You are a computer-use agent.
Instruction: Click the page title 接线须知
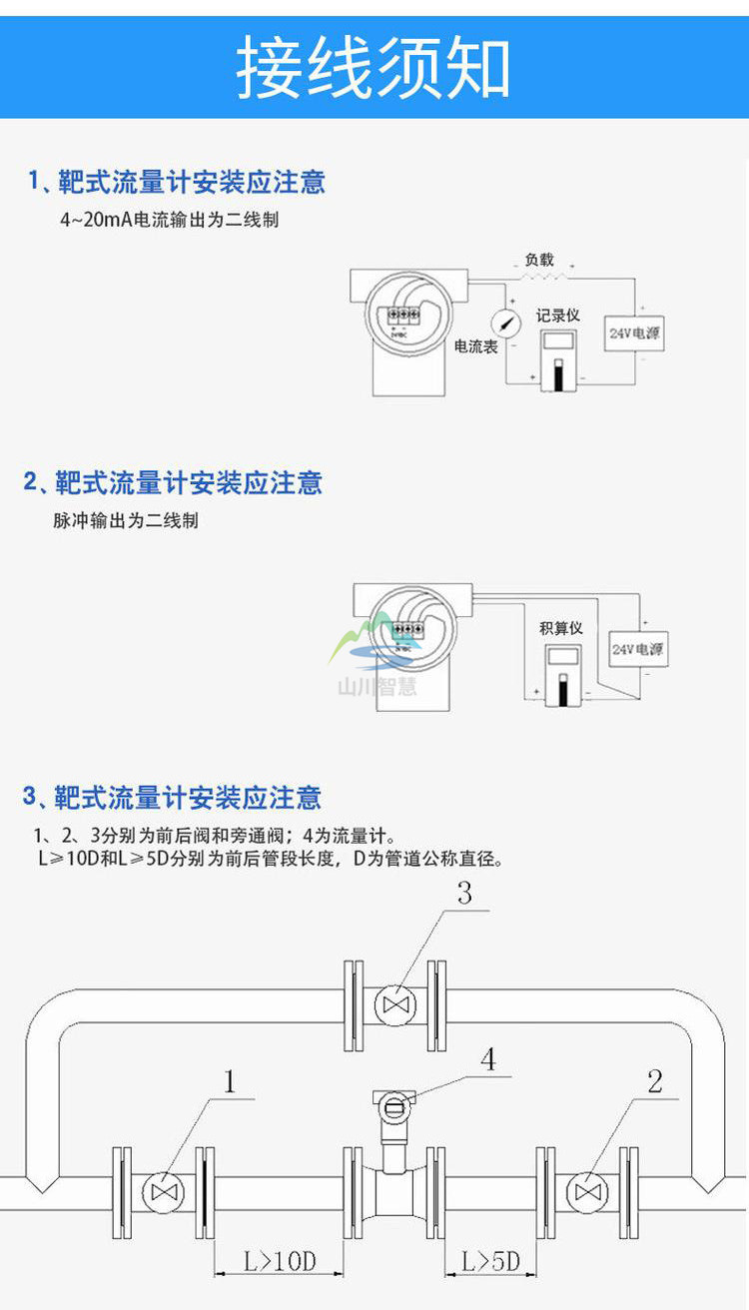click(x=374, y=68)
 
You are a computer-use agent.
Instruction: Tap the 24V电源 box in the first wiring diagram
click(x=636, y=331)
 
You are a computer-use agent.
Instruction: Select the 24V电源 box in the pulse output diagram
click(x=637, y=649)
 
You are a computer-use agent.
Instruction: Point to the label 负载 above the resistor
click(x=539, y=260)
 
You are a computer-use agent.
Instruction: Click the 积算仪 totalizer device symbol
click(x=560, y=674)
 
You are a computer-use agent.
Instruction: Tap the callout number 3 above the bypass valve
click(x=464, y=894)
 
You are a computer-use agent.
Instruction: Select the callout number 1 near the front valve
click(x=231, y=1081)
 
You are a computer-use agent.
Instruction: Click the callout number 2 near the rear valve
click(x=654, y=1081)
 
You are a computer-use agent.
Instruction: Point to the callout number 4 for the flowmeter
click(x=488, y=1059)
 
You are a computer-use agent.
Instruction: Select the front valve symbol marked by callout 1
click(x=161, y=1192)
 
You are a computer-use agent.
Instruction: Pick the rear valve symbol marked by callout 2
click(x=584, y=1192)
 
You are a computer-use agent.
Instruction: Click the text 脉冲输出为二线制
click(x=126, y=520)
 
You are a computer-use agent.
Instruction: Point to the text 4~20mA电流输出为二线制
click(x=169, y=220)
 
